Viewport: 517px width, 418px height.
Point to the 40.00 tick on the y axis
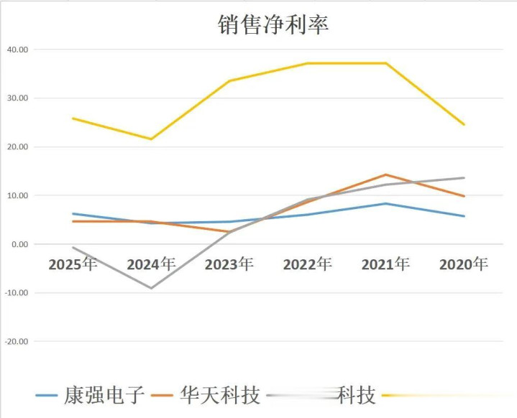point(17,50)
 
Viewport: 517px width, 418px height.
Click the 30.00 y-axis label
point(17,98)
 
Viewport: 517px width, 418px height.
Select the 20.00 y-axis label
point(17,147)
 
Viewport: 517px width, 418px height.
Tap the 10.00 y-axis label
point(17,195)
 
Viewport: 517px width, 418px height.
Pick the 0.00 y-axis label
point(19,244)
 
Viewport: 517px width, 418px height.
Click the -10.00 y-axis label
point(15,293)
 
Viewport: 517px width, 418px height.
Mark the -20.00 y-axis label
point(15,341)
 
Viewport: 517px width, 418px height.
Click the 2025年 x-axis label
point(73,264)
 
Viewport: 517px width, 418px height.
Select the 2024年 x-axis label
point(151,264)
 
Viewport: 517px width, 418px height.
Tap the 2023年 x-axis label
point(229,264)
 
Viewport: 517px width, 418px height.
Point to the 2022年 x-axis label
point(308,264)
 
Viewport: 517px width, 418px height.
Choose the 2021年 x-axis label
point(385,264)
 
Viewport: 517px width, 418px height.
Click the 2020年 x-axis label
point(464,264)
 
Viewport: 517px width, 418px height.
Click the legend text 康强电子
point(104,395)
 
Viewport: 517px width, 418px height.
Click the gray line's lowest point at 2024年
point(151,288)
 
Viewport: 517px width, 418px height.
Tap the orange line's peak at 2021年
point(386,175)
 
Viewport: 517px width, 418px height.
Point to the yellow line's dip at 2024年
point(151,139)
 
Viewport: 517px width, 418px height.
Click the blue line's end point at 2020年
point(464,216)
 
